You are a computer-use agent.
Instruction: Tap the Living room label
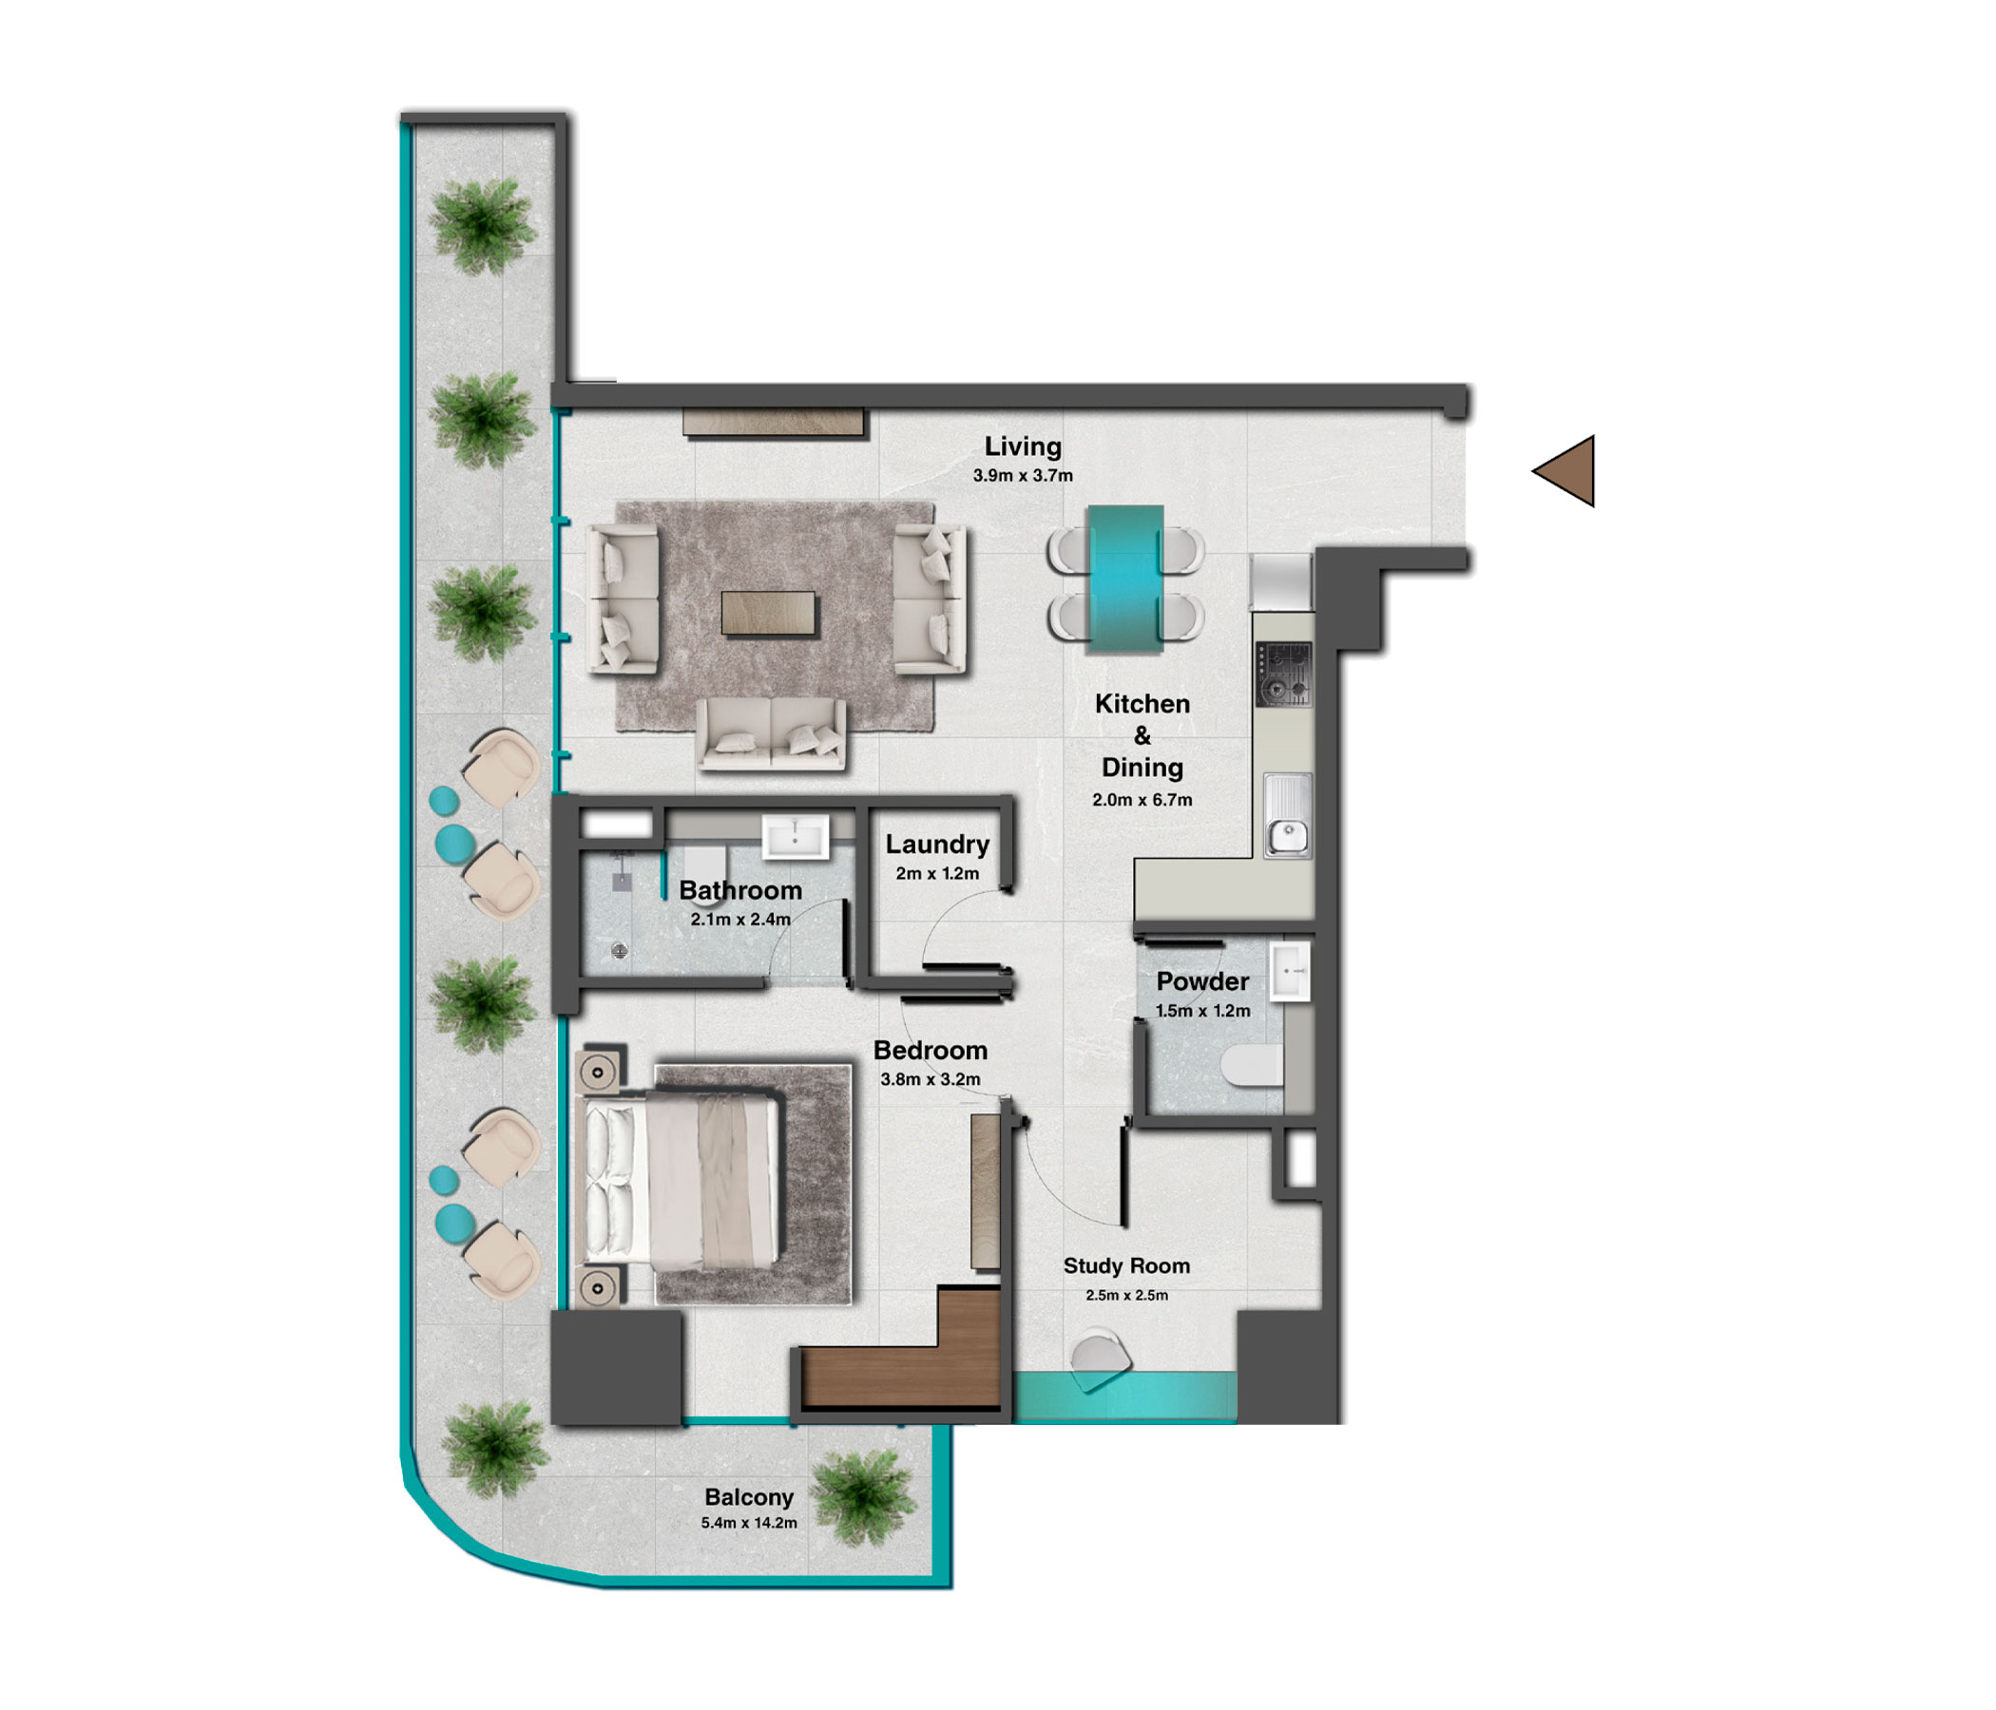1022,446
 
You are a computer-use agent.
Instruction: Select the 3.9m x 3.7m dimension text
1022,476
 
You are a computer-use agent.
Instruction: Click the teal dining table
1124,579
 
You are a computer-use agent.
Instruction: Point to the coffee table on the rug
768,614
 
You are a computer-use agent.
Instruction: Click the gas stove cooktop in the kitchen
1283,674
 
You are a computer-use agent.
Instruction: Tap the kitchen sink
1287,815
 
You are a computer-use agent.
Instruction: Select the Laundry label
937,845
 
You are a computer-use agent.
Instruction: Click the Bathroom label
739,891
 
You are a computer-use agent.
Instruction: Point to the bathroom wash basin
795,837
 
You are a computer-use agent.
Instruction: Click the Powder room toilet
1252,1066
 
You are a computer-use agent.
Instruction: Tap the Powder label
1202,982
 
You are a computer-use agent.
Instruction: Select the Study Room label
1126,1266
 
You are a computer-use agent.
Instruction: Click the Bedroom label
930,1051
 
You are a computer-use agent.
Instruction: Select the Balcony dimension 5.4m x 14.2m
749,1523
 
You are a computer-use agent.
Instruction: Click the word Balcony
749,1497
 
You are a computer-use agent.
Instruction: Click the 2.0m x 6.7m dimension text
1142,800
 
